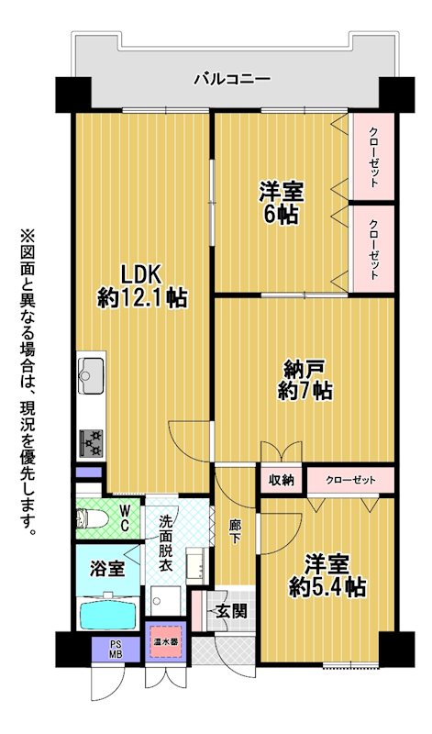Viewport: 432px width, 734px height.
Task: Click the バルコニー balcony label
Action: [x=233, y=78]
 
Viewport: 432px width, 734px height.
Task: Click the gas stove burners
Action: [x=90, y=443]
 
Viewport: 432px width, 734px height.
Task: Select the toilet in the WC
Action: [x=93, y=518]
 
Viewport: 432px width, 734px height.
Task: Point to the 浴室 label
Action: [x=107, y=569]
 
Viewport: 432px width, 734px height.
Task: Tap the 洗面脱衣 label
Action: [x=165, y=543]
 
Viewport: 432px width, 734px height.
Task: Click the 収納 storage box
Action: [x=281, y=480]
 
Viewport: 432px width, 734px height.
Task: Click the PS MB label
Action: [x=116, y=650]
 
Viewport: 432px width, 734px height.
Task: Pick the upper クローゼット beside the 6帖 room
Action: [x=373, y=156]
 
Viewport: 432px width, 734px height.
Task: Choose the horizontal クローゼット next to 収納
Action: [x=350, y=480]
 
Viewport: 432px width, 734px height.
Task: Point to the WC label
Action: [x=124, y=518]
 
